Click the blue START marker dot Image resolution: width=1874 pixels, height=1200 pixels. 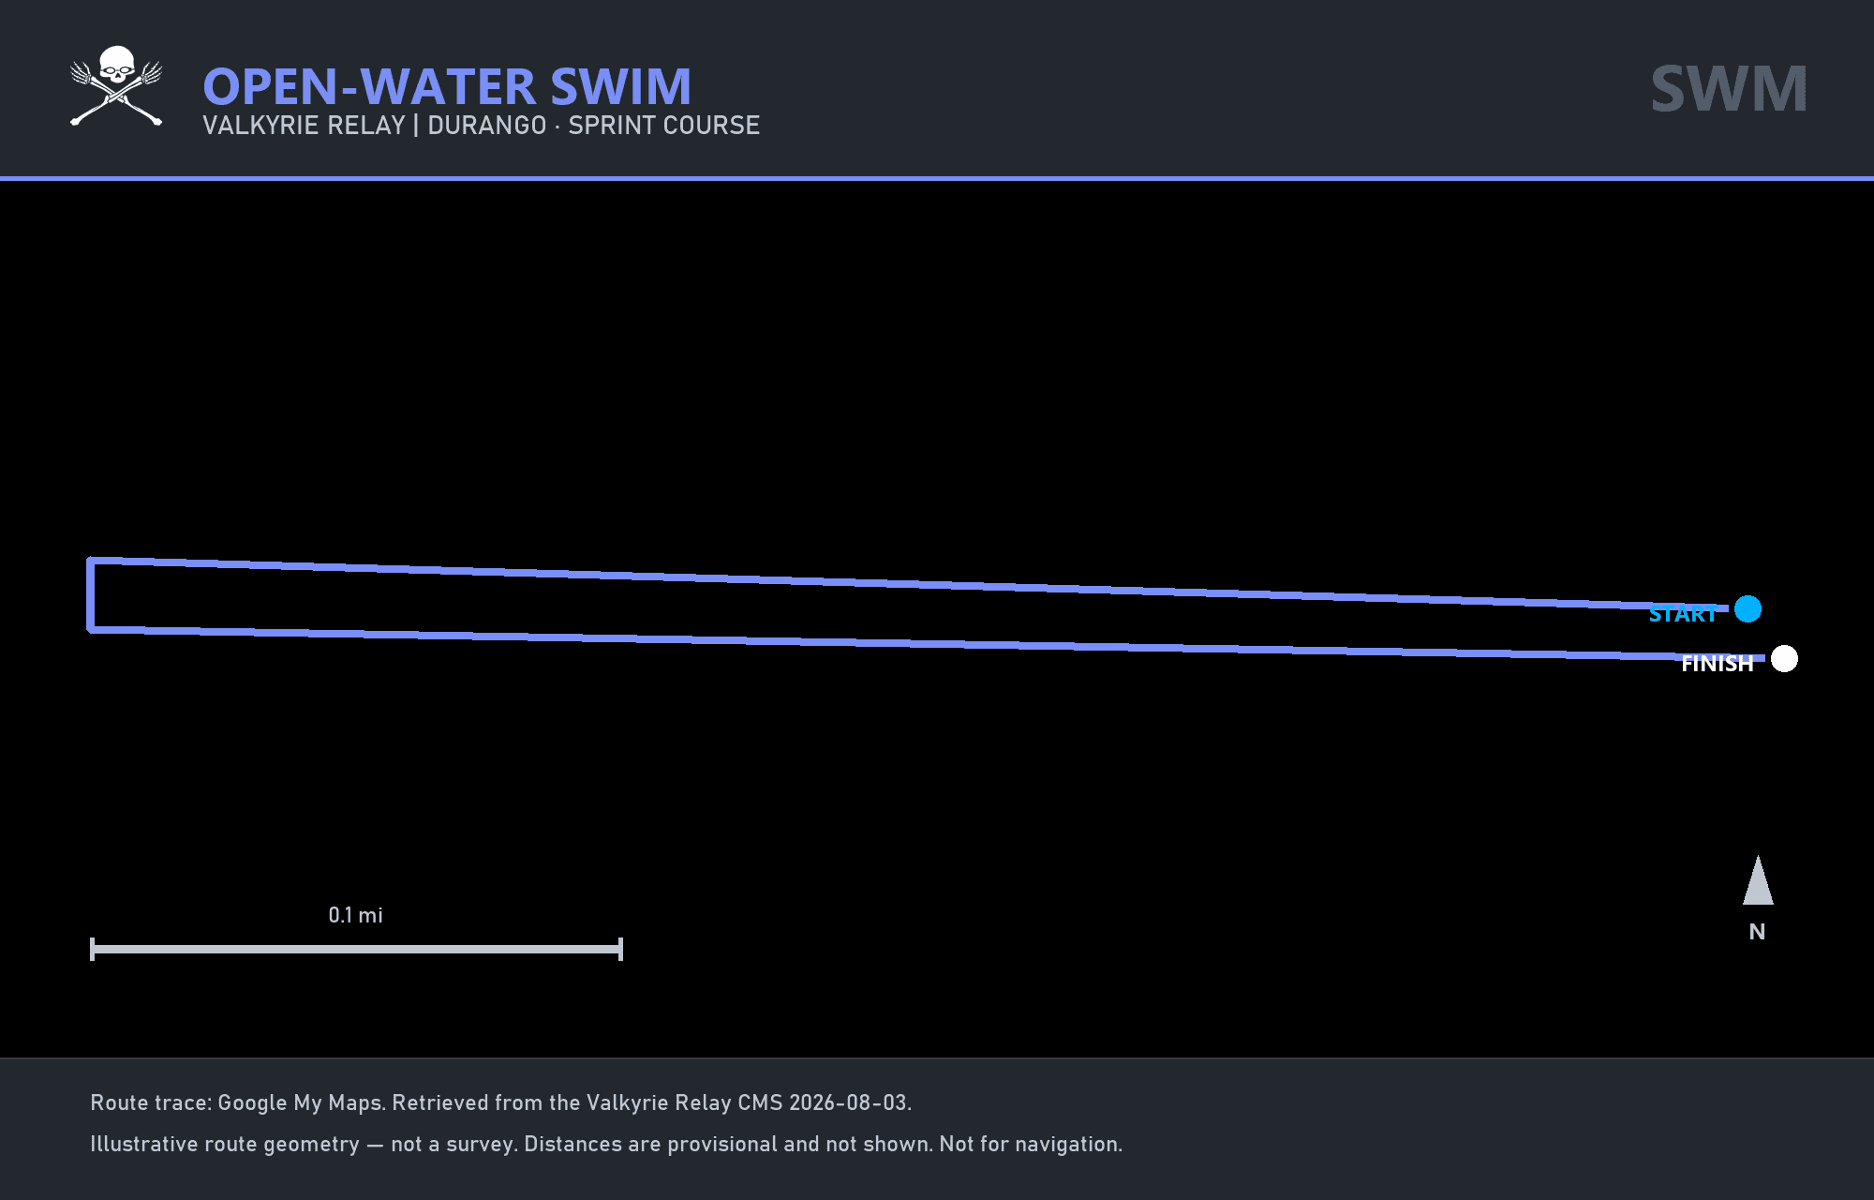[1748, 609]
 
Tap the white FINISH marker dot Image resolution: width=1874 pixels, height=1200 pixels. [1784, 659]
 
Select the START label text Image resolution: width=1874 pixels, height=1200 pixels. [1683, 615]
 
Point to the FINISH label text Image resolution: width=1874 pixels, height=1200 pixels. [1717, 664]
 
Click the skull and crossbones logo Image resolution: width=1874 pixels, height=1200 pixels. [116, 85]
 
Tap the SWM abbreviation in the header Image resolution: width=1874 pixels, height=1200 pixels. [1729, 89]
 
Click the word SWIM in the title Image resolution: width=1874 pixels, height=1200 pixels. [621, 87]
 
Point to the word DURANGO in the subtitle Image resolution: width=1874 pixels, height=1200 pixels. [487, 126]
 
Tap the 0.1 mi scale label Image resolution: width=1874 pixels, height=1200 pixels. [356, 915]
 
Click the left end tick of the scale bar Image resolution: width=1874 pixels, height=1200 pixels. [92, 949]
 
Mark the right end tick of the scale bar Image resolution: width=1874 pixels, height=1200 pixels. [620, 949]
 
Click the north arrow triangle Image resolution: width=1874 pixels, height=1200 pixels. [1758, 881]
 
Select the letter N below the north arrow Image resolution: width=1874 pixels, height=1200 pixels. [1757, 932]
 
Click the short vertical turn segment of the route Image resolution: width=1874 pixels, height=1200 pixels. [91, 595]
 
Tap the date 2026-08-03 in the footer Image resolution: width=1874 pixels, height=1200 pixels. [848, 1102]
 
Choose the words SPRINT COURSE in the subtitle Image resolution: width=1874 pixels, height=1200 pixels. [663, 126]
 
